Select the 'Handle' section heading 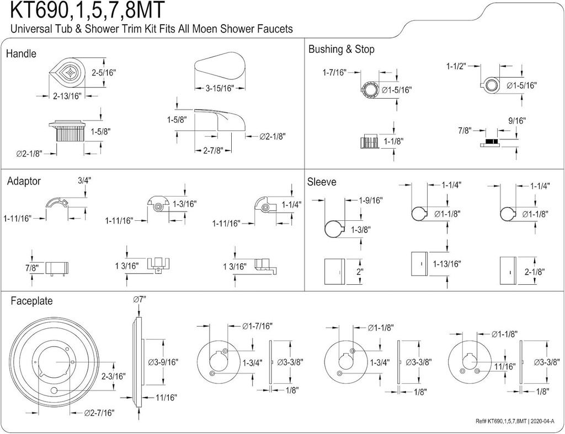tap(21, 54)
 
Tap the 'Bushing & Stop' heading tap(342, 50)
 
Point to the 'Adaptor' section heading tap(24, 181)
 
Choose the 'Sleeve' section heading tap(322, 182)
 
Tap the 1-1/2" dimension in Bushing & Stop tap(456, 66)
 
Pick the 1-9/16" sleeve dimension tap(370, 200)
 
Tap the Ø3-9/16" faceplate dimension tap(164, 362)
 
